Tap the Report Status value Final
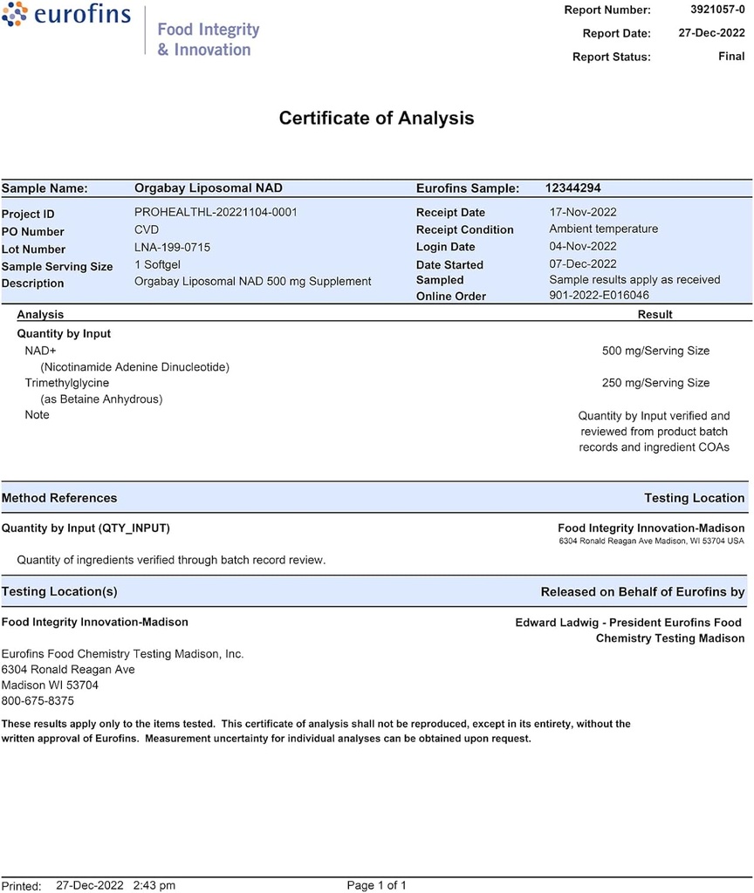pos(731,57)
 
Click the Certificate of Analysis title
pos(376,119)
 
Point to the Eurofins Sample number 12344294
pos(572,188)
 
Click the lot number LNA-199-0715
pos(172,248)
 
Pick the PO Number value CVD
pos(147,230)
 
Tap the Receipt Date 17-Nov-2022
pos(583,212)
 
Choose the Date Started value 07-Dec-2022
pos(583,263)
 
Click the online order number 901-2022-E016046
pos(599,296)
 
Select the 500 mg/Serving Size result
pos(655,351)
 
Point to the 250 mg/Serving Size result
pos(655,383)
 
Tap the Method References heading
pos(59,498)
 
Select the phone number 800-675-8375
pos(38,700)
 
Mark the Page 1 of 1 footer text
pos(376,885)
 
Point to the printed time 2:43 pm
pos(154,885)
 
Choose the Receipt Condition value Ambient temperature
pos(603,229)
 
